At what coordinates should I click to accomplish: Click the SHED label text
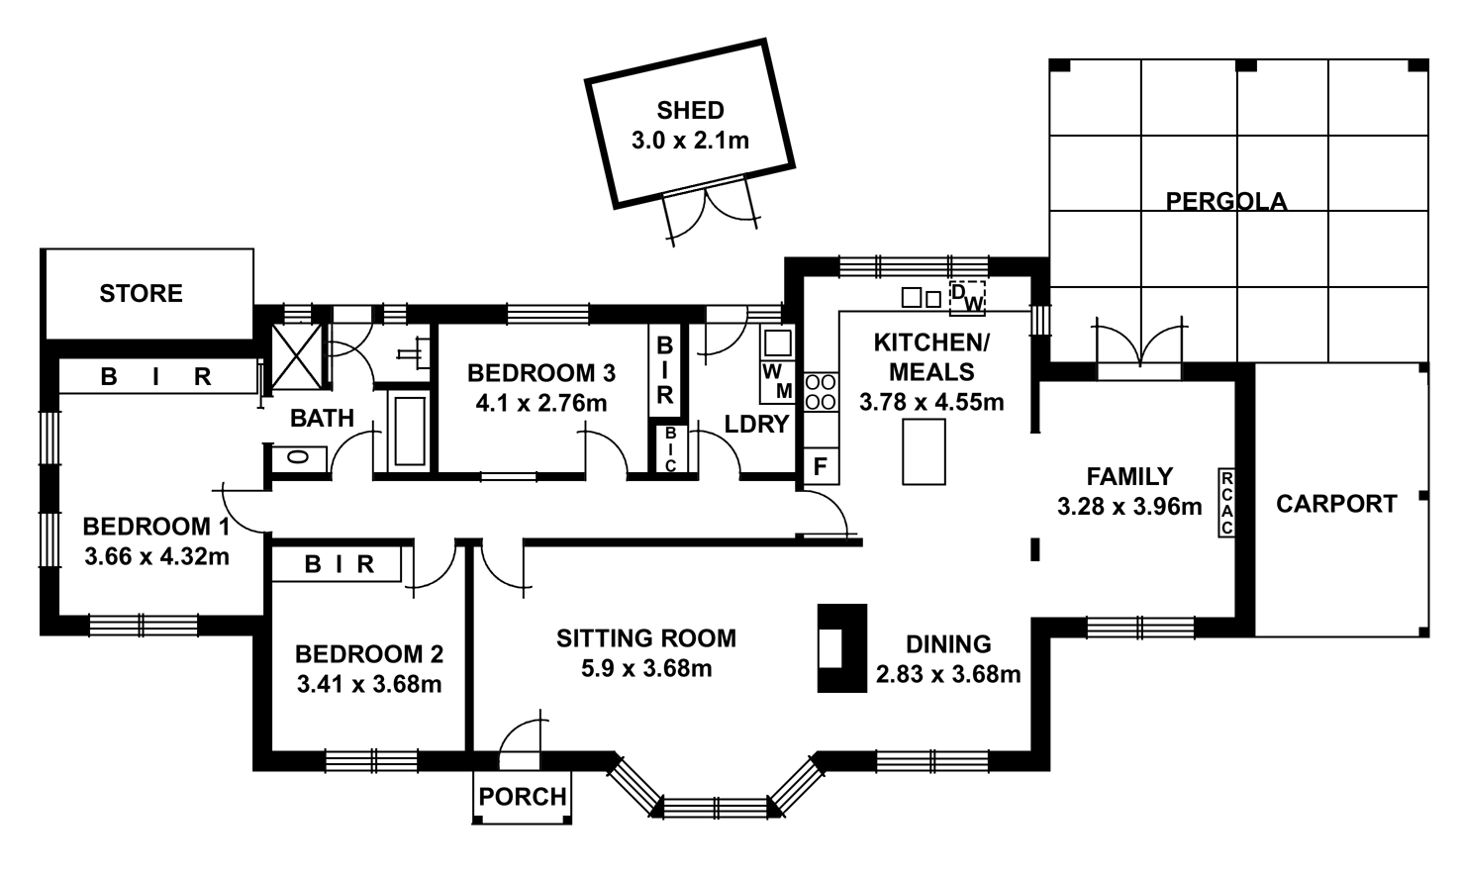pyautogui.click(x=690, y=111)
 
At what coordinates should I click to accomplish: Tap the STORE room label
pyautogui.click(x=141, y=294)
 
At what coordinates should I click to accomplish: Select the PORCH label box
pyautogui.click(x=523, y=797)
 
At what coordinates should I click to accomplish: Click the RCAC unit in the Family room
pyautogui.click(x=1226, y=503)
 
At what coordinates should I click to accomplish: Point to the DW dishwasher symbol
pyautogui.click(x=968, y=298)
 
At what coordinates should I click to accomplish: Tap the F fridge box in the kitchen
pyautogui.click(x=821, y=466)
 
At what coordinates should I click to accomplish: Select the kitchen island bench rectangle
pyautogui.click(x=924, y=451)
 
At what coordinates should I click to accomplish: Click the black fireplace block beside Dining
pyautogui.click(x=841, y=648)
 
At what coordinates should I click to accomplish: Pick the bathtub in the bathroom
pyautogui.click(x=409, y=431)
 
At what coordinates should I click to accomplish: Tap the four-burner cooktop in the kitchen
pyautogui.click(x=821, y=391)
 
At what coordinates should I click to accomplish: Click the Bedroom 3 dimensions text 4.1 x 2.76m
pyautogui.click(x=540, y=403)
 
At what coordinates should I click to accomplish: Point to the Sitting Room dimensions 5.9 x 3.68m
pyautogui.click(x=645, y=668)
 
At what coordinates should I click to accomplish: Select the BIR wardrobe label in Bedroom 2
pyautogui.click(x=339, y=565)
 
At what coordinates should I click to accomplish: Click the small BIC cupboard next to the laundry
pyautogui.click(x=670, y=449)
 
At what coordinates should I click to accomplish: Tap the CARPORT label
pyautogui.click(x=1335, y=504)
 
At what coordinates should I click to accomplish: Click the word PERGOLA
pyautogui.click(x=1225, y=202)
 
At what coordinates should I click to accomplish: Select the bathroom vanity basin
pyautogui.click(x=295, y=457)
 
